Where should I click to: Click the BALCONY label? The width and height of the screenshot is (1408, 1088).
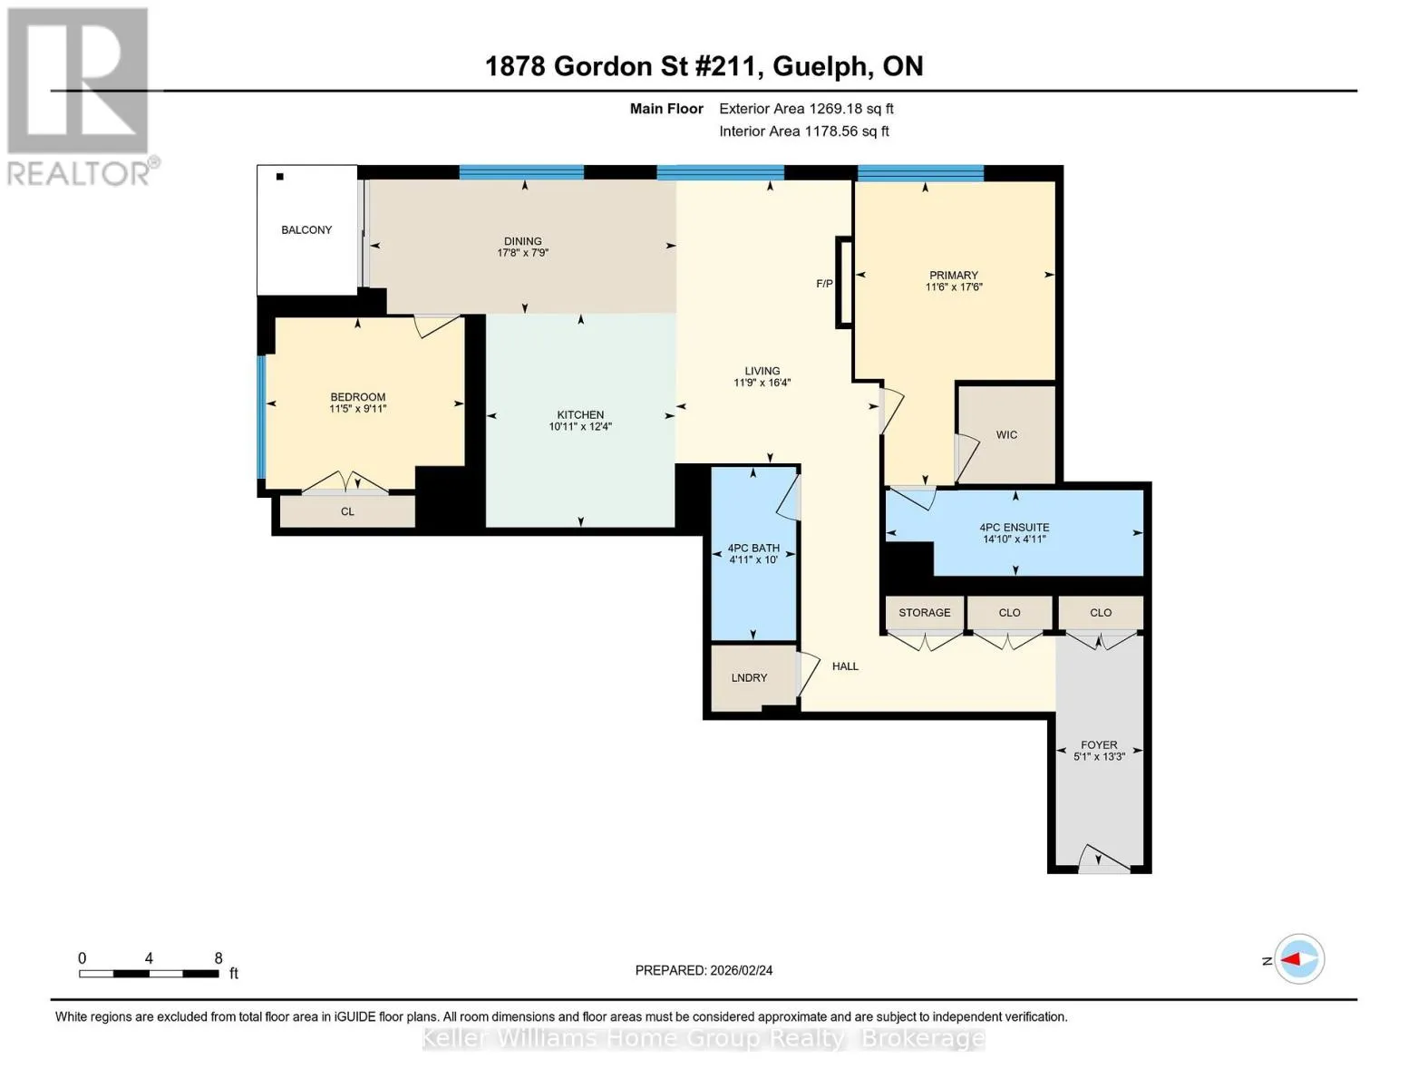(306, 230)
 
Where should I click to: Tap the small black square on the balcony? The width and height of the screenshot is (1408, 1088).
(280, 176)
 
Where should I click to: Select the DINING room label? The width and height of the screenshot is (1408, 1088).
(523, 241)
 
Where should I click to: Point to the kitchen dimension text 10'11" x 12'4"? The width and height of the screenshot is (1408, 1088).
(580, 426)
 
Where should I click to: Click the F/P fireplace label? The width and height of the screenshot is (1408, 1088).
(824, 284)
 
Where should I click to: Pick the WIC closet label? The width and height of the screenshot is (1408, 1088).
(1006, 435)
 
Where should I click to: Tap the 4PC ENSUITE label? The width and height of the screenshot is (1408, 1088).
(1014, 528)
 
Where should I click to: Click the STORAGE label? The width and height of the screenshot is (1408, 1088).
(925, 612)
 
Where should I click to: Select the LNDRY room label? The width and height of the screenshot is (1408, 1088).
(749, 678)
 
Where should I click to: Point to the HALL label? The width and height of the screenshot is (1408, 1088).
(845, 666)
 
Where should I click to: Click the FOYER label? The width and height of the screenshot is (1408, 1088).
(1099, 745)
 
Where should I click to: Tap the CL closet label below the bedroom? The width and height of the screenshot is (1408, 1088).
(347, 511)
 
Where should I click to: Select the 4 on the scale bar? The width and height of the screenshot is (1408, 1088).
(149, 958)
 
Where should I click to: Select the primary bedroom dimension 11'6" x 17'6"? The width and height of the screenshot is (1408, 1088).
(954, 287)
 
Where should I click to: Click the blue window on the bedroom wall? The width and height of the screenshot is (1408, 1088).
(262, 417)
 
